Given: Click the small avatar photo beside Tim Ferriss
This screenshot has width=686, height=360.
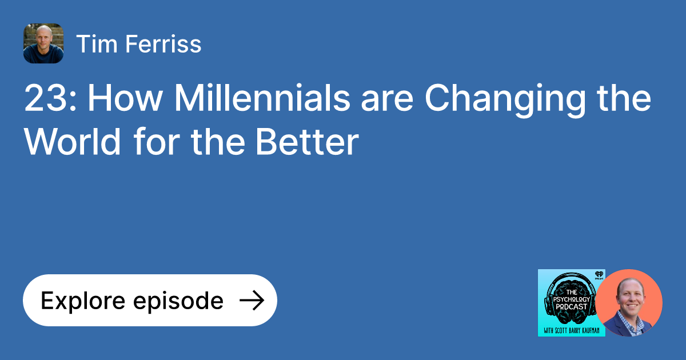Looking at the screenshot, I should tap(43, 43).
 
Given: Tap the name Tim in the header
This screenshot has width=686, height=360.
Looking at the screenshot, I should tap(94, 44).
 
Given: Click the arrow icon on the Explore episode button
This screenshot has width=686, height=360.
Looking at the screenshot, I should tap(252, 301).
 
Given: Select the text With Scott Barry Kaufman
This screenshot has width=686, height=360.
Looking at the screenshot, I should tap(571, 329).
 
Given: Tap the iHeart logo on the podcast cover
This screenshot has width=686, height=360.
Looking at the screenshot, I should tap(598, 275).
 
